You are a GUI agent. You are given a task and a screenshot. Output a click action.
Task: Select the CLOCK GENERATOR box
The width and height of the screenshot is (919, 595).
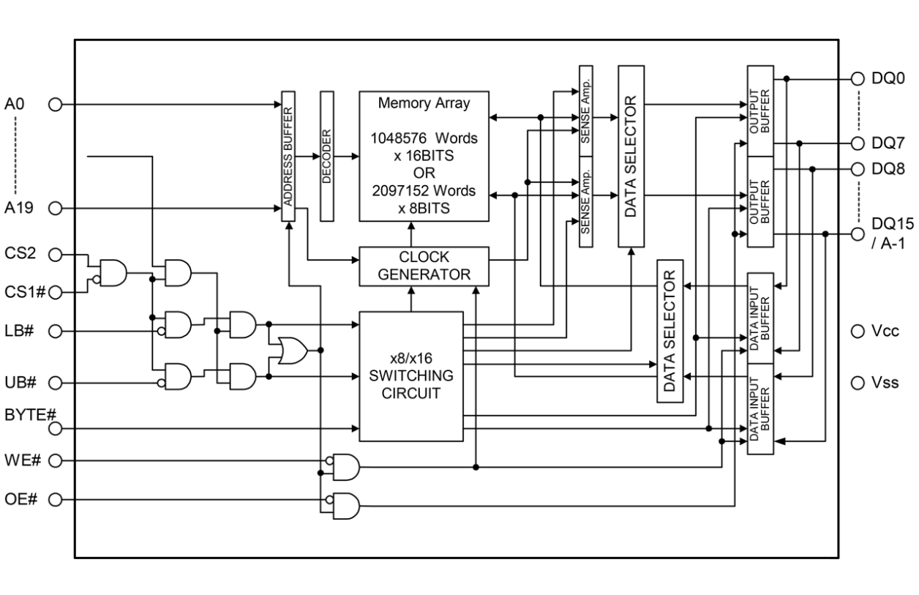tap(424, 266)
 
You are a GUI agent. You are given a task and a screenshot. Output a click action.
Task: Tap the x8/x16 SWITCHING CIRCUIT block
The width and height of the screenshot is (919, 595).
tap(410, 375)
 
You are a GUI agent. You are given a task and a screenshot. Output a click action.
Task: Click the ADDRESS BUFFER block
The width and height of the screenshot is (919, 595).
tap(288, 156)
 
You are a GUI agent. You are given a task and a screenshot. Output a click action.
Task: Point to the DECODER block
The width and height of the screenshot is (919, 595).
tap(326, 156)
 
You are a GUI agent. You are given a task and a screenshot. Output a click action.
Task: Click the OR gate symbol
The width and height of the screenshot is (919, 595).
tap(293, 351)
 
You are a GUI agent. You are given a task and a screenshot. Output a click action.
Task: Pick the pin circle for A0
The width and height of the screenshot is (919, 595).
tap(54, 105)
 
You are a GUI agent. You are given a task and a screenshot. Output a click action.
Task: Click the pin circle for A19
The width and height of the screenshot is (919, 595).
tap(54, 208)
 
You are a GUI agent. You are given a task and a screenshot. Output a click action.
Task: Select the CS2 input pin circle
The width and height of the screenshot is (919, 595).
tap(54, 254)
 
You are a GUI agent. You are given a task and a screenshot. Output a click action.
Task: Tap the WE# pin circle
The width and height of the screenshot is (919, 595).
tap(54, 460)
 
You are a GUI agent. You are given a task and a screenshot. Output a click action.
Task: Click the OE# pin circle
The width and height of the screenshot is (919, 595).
tap(54, 500)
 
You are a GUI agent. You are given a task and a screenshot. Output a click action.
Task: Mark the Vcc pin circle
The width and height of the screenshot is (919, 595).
tap(858, 331)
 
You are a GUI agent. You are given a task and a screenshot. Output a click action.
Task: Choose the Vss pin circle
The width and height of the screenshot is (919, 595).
tap(858, 382)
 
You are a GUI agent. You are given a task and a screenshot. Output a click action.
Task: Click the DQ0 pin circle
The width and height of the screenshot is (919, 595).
tap(858, 78)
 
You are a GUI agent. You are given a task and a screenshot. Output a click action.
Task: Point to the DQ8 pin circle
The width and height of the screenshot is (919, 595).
tap(858, 169)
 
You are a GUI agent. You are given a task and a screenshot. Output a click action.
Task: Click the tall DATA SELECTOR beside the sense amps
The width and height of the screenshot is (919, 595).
tap(631, 156)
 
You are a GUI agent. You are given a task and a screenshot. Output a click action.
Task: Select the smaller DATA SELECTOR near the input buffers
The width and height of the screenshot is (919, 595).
tap(669, 330)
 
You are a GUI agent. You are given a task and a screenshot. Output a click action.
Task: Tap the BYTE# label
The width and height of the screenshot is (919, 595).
tap(31, 415)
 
